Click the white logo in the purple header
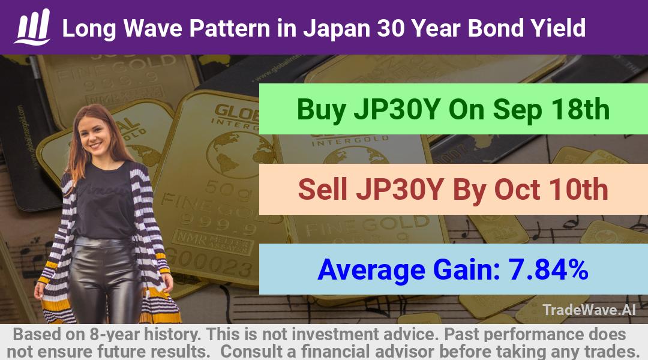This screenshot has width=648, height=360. click(x=32, y=27)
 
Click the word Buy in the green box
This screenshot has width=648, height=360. click(x=322, y=110)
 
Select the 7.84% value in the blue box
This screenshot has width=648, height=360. click(x=548, y=269)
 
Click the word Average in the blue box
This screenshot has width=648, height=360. click(x=371, y=271)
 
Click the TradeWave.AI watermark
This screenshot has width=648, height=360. click(x=589, y=310)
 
